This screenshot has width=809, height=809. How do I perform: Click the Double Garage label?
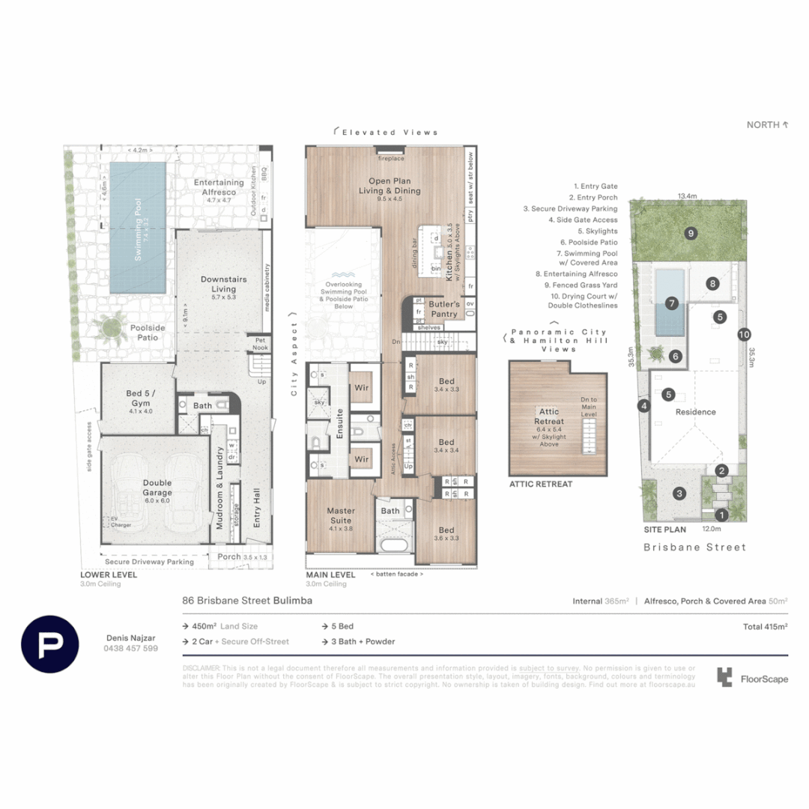tap(157, 488)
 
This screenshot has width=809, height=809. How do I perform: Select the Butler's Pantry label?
tap(444, 309)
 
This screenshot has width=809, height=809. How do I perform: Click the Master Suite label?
tap(340, 515)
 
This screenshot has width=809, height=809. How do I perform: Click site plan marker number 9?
tap(690, 233)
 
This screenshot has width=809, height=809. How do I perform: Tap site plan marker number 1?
tap(721, 515)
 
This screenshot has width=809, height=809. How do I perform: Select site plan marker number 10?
tap(743, 335)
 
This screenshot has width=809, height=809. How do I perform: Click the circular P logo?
tap(49, 643)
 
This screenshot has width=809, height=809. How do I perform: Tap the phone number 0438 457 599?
tap(130, 648)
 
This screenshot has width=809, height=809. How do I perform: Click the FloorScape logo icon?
tap(724, 677)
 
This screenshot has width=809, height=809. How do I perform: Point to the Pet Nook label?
tap(259, 344)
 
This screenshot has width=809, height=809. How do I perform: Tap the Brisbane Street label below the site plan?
tap(695, 547)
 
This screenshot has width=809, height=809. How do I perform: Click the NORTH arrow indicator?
tap(768, 125)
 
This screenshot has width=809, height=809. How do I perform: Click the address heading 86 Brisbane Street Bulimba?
tap(247, 601)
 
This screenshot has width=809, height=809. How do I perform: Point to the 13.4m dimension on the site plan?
tap(688, 196)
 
